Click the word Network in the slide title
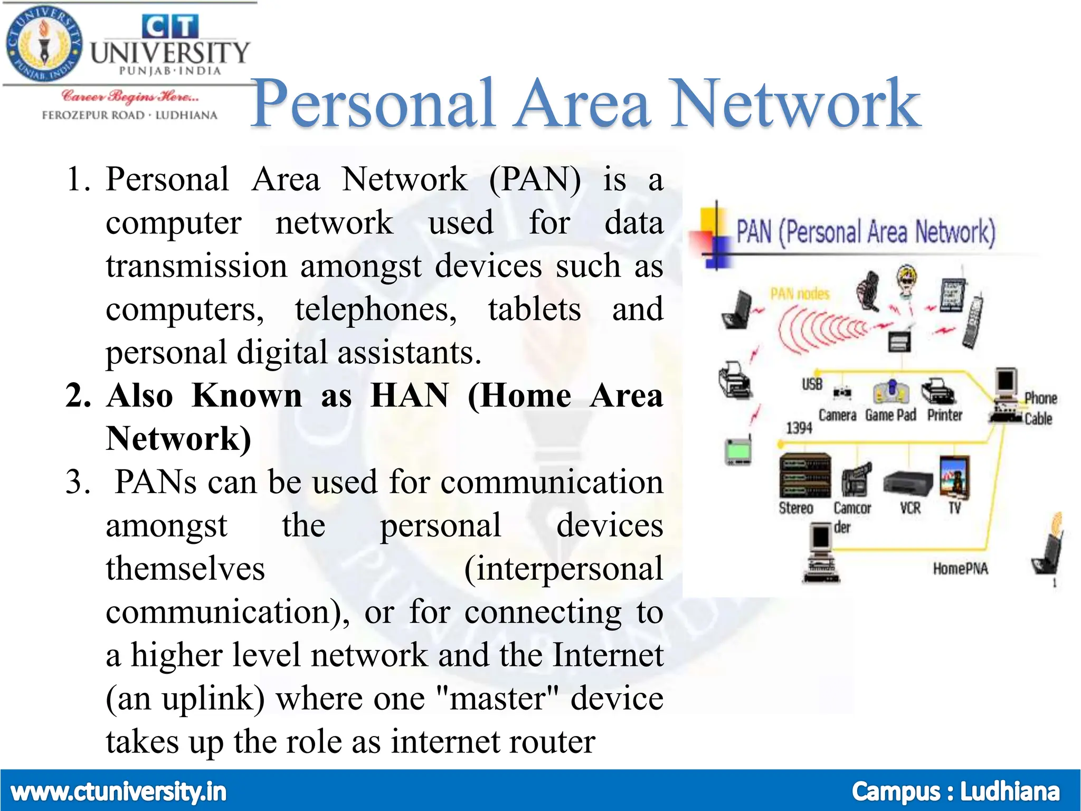pyautogui.click(x=795, y=104)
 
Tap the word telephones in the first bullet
pyautogui.click(x=376, y=309)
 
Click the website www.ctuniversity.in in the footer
pyautogui.click(x=119, y=792)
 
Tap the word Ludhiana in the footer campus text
pyautogui.click(x=1009, y=792)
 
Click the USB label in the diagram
pyautogui.click(x=812, y=384)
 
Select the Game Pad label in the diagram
pyautogui.click(x=890, y=416)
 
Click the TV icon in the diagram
pyautogui.click(x=954, y=477)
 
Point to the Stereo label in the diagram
pyautogui.click(x=796, y=508)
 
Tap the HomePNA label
pyautogui.click(x=960, y=569)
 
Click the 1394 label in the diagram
pyautogui.click(x=799, y=428)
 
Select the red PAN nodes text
pyautogui.click(x=800, y=294)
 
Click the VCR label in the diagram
pyautogui.click(x=910, y=508)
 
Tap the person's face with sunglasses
pyautogui.click(x=907, y=279)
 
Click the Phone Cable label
pyautogui.click(x=1040, y=408)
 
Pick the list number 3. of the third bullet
pyautogui.click(x=78, y=483)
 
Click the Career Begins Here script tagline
pyautogui.click(x=130, y=97)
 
